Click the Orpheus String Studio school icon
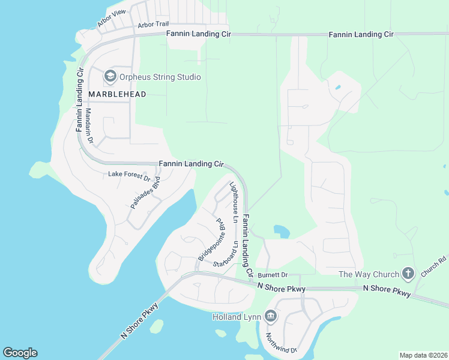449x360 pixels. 110,76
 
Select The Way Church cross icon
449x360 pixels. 408,274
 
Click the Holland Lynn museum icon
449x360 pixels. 270,316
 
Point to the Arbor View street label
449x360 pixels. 112,19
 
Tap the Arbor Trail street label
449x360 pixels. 153,25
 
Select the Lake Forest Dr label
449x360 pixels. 129,175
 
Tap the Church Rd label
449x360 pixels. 433,267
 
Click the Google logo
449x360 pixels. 20,353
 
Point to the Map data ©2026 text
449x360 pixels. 423,355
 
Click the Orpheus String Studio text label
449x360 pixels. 160,77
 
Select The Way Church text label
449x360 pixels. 369,274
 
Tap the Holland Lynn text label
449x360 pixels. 237,316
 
